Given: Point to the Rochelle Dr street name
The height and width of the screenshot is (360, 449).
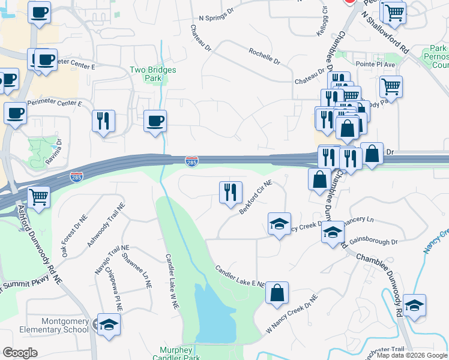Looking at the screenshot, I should click(265, 56).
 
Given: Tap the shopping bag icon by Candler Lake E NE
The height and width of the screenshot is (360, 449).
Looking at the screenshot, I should click(277, 293).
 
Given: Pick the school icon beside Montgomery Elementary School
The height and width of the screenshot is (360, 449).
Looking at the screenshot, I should click(109, 325).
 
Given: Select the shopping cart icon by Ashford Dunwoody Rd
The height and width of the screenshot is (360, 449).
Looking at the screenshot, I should click(38, 196).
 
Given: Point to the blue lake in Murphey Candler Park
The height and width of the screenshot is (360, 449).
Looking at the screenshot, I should click(214, 312).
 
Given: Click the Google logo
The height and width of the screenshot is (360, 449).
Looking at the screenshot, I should click(20, 353).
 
